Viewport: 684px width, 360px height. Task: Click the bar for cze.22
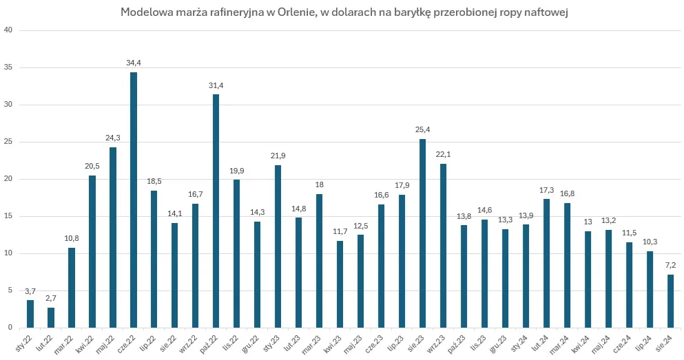[x=134, y=200]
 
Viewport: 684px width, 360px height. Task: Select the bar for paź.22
[x=216, y=211]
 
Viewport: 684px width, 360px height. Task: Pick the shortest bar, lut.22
[x=51, y=317]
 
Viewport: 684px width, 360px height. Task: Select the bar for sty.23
[x=278, y=246]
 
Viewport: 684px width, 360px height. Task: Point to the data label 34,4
[x=134, y=63]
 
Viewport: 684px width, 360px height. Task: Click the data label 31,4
[x=216, y=85]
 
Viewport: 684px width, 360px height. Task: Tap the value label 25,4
[x=423, y=129]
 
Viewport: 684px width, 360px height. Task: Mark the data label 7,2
[x=670, y=265]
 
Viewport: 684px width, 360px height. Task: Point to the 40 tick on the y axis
[x=8, y=30]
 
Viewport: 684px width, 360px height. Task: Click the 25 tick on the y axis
[x=8, y=142]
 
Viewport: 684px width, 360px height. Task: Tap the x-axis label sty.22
[x=25, y=341]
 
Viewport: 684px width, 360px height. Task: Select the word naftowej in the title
[x=544, y=12]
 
